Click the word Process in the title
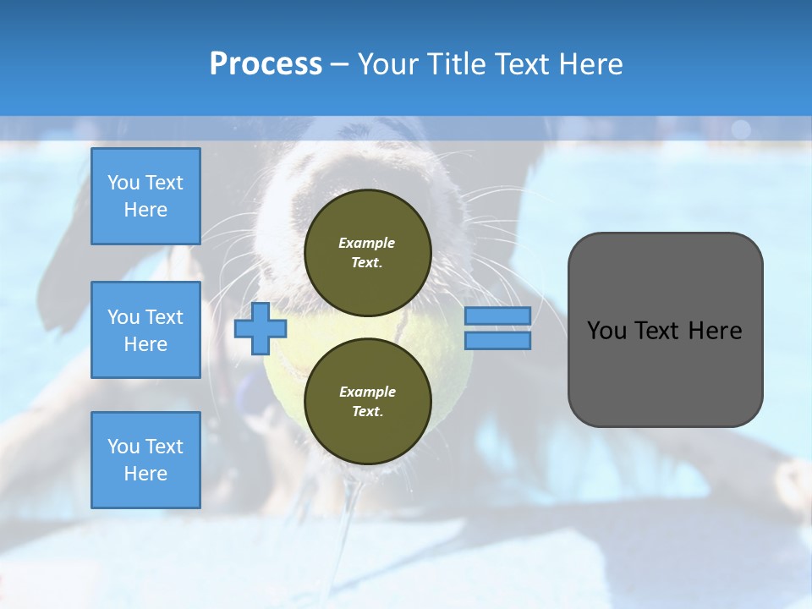tap(266, 64)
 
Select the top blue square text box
tap(146, 196)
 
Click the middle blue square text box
tap(146, 330)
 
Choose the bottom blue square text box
tap(146, 460)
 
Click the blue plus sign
tap(261, 329)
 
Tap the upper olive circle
tap(368, 253)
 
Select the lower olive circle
tap(368, 401)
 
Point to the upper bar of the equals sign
tap(497, 315)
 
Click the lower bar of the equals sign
tap(497, 341)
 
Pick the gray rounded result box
tap(666, 330)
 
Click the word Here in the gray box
tap(716, 331)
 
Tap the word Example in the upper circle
tap(366, 243)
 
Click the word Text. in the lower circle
tap(368, 411)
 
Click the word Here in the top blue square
tap(145, 210)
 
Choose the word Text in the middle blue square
tap(165, 317)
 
